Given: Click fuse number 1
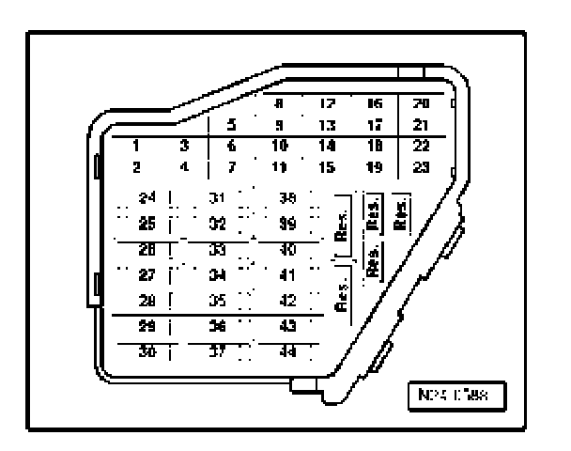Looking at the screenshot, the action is point(137,146).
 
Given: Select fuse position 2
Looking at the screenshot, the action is point(137,166).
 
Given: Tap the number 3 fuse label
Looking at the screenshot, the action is point(185,146).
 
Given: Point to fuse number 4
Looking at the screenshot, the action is point(185,166).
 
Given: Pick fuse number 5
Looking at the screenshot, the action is point(232,124).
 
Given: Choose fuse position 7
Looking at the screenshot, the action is point(232,166).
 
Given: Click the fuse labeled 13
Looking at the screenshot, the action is point(328,124).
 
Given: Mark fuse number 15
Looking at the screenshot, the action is point(328,166).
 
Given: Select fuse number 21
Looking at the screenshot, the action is point(422,124).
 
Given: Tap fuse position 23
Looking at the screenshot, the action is point(422,166).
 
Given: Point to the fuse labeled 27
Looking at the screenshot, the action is point(146,275).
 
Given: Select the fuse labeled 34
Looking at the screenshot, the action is point(217,275).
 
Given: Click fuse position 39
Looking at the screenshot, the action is point(288,225).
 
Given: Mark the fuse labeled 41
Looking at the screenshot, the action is point(288,275).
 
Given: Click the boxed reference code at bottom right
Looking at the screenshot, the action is point(456,394).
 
